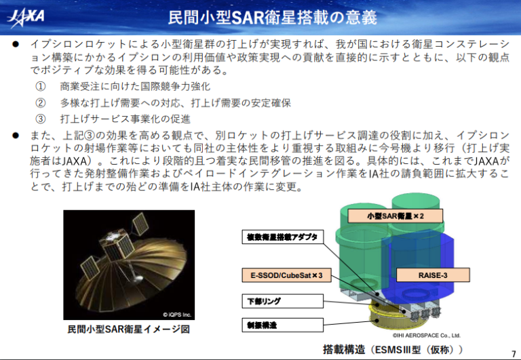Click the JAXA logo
pyautogui.click(x=26, y=16)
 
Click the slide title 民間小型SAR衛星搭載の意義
pyautogui.click(x=273, y=18)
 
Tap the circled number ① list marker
pyautogui.click(x=41, y=87)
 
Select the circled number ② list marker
pyautogui.click(x=41, y=103)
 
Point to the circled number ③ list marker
pyautogui.click(x=41, y=119)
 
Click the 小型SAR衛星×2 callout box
pyautogui.click(x=395, y=216)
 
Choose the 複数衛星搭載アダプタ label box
pyautogui.click(x=282, y=237)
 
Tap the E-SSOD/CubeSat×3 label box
pyautogui.click(x=286, y=275)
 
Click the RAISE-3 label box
pyautogui.click(x=433, y=275)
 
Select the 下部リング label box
pyautogui.click(x=282, y=301)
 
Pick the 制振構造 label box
pyautogui.click(x=282, y=325)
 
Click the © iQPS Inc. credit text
pyautogui.click(x=177, y=315)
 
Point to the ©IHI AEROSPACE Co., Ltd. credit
pyautogui.click(x=426, y=336)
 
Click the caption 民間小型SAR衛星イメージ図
pyautogui.click(x=129, y=329)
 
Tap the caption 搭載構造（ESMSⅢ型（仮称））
pyautogui.click(x=393, y=349)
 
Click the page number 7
pyautogui.click(x=514, y=353)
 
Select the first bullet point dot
pyautogui.click(x=16, y=44)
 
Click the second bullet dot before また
pyautogui.click(x=16, y=136)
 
